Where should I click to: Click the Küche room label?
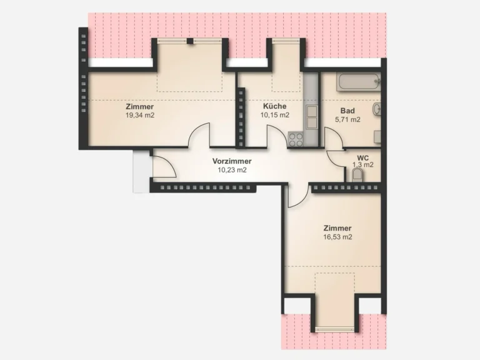(274, 106)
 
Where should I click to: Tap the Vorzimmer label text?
(232, 161)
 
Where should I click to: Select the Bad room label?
(347, 111)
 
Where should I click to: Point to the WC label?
(362, 158)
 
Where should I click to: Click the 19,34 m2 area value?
(139, 116)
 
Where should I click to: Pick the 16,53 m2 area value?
(337, 237)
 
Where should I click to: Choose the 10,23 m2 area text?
(232, 170)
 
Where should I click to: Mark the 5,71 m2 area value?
(347, 119)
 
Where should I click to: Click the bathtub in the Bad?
(359, 82)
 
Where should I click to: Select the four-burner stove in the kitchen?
(296, 139)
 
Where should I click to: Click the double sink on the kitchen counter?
(312, 117)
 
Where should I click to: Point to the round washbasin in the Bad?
(377, 109)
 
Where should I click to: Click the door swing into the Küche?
(277, 135)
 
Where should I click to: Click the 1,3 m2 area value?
(362, 165)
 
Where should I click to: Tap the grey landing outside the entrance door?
(141, 171)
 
